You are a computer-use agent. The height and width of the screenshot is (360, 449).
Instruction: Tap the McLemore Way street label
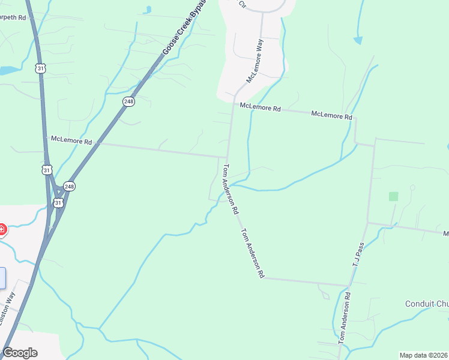tap(255, 61)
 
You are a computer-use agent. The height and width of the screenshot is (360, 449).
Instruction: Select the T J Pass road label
tap(359, 254)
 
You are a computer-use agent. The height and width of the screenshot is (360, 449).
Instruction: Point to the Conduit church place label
tap(427, 304)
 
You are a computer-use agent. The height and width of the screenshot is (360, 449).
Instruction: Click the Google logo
tap(20, 353)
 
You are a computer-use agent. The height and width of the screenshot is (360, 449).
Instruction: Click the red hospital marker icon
tap(2, 229)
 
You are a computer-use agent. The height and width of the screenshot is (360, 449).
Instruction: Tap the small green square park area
tap(393, 196)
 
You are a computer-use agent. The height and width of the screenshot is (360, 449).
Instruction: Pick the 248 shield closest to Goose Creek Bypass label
tap(128, 101)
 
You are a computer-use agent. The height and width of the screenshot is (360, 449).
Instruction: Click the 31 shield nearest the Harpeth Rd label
tap(40, 68)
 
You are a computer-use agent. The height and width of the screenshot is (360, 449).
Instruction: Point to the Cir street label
tap(243, 4)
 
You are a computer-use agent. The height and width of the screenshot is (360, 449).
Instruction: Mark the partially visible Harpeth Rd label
tap(13, 18)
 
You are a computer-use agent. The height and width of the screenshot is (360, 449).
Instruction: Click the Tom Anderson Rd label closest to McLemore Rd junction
tap(231, 190)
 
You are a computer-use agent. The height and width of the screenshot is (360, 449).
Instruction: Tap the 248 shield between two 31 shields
tap(70, 186)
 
